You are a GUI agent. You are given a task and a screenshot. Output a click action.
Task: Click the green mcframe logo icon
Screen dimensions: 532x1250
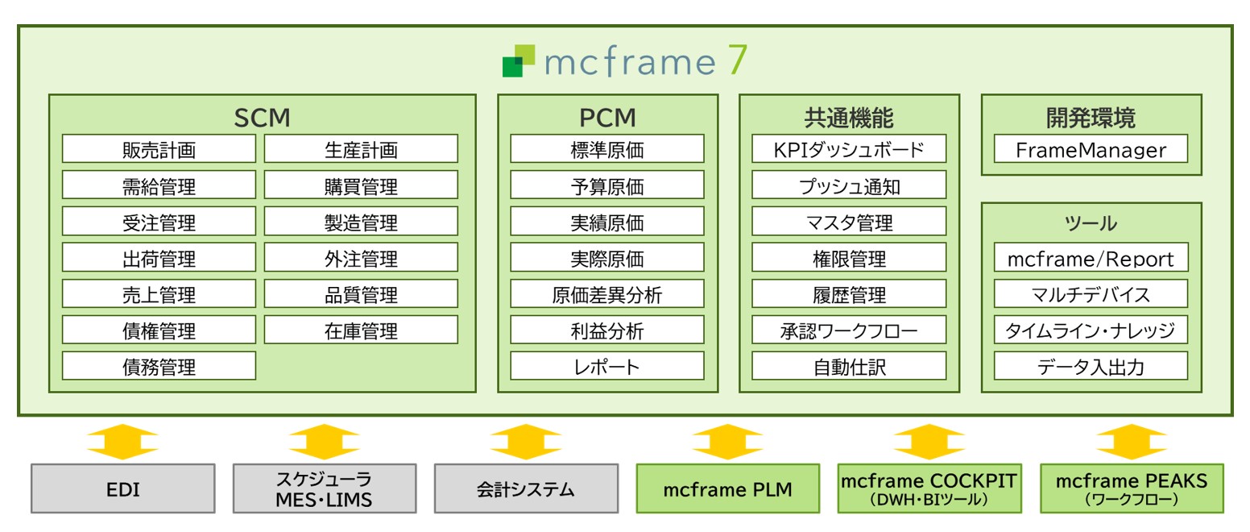coord(518,61)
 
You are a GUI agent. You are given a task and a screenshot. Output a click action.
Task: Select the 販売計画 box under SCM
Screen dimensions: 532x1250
coord(159,149)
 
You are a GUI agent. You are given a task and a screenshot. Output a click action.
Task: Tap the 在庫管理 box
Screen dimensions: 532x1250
coord(361,330)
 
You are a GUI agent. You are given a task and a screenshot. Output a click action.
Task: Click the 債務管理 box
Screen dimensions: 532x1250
coord(159,367)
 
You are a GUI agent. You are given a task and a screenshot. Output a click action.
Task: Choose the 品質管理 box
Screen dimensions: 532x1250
coord(361,294)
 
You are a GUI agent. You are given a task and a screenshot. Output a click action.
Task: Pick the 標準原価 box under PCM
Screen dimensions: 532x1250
coord(607,149)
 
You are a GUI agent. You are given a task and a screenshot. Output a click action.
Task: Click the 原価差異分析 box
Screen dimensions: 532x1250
coord(607,294)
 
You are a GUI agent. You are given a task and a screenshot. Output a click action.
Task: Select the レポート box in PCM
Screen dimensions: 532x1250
coord(607,367)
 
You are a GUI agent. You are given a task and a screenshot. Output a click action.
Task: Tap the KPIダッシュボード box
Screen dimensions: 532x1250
coord(849,149)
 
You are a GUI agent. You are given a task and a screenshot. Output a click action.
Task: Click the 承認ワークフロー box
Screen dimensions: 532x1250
coord(849,330)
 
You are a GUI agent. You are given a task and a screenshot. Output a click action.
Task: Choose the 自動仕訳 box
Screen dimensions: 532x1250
coord(849,367)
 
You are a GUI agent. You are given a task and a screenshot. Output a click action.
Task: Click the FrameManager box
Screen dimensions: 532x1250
coord(1091,149)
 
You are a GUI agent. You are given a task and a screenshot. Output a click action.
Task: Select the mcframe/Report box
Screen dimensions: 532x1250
coord(1091,258)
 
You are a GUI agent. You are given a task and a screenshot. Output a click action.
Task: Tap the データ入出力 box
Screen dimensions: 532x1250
coord(1091,367)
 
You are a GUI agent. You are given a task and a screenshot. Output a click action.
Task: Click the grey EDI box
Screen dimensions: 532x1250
coord(123,488)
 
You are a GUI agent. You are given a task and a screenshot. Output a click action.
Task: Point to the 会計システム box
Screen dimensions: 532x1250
coord(526,488)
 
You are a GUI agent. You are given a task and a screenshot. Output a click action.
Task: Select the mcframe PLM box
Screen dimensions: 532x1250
coord(727,488)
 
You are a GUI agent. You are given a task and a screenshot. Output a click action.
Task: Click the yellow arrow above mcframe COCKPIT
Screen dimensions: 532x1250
coord(929,442)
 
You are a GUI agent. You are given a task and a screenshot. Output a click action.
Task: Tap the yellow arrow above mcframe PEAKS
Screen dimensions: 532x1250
coord(1131,442)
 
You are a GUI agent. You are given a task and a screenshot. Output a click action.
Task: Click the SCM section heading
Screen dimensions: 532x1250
coord(262,118)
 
